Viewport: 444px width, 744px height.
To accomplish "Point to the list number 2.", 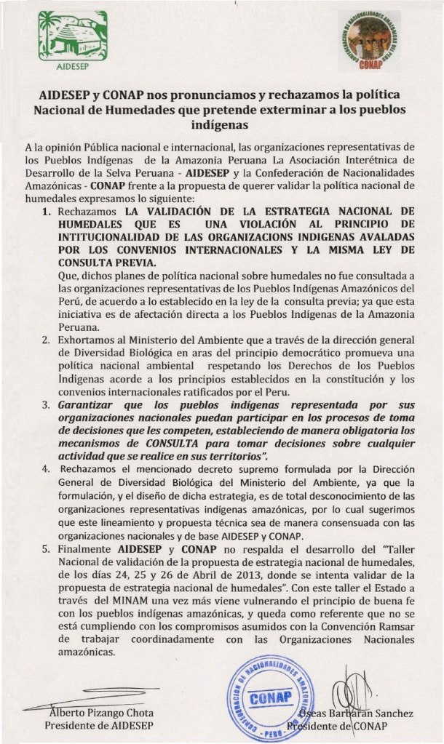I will coord(45,340).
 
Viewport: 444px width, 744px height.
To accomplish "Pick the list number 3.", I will coord(45,404).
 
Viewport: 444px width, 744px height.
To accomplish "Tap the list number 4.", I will coord(45,469).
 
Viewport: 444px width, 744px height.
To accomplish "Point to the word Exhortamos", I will coord(89,340).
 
